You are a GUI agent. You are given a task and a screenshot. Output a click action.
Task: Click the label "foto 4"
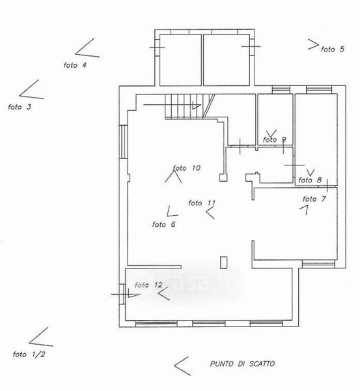[75, 65]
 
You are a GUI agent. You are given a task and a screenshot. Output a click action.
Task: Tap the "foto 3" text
[20, 107]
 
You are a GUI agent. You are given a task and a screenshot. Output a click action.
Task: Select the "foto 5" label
[333, 49]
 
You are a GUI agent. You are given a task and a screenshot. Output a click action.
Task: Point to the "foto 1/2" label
[29, 354]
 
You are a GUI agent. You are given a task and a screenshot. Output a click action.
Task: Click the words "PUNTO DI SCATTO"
[242, 364]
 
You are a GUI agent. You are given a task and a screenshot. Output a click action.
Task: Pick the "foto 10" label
[187, 168]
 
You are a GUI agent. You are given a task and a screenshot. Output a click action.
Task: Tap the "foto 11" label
[202, 203]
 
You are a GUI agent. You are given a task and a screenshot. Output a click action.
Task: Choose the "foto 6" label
[163, 224]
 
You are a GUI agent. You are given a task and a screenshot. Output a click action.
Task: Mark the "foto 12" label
[148, 285]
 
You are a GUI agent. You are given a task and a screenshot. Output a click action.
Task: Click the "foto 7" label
[314, 199]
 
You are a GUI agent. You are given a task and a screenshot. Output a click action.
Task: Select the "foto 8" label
[310, 180]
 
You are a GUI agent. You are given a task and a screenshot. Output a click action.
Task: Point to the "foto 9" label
[274, 139]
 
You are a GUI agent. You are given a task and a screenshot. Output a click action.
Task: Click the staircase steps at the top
[190, 106]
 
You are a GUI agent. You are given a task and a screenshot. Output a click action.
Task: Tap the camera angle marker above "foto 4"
[87, 48]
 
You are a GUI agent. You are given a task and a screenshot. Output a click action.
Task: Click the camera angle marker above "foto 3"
[32, 89]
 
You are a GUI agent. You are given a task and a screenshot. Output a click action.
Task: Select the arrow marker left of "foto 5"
[313, 44]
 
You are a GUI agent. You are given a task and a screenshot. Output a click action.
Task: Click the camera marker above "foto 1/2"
[41, 337]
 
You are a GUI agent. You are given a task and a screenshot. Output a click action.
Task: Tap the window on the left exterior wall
[123, 141]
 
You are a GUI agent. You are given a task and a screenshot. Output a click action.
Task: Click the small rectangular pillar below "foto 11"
[224, 263]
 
